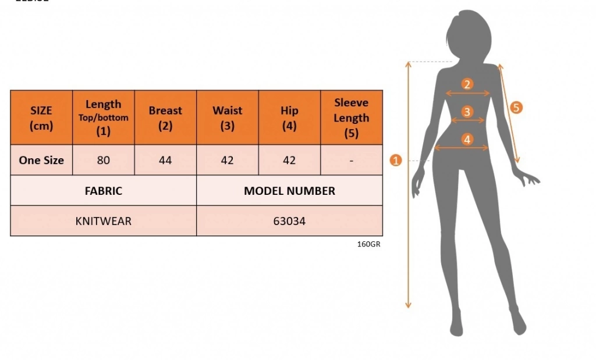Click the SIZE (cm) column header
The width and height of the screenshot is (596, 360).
click(x=41, y=117)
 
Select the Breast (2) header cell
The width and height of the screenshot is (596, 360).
click(x=165, y=117)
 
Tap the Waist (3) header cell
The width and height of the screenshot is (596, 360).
click(x=228, y=117)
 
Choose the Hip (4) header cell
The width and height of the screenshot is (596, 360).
click(x=289, y=117)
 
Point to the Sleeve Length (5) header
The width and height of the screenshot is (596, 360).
click(x=351, y=117)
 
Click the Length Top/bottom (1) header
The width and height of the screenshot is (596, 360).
click(x=104, y=117)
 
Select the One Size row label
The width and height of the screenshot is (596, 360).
click(x=41, y=161)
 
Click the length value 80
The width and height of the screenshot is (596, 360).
click(x=104, y=161)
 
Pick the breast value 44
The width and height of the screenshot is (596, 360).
click(x=165, y=161)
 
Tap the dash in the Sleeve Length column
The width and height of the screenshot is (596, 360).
click(x=351, y=161)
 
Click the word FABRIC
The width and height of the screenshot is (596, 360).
click(x=104, y=191)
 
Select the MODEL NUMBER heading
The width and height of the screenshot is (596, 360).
click(x=289, y=191)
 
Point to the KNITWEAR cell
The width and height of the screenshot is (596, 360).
click(x=104, y=221)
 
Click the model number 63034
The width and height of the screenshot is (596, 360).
click(x=289, y=221)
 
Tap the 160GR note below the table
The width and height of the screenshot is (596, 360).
click(x=368, y=244)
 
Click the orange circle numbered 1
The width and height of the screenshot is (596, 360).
click(x=396, y=161)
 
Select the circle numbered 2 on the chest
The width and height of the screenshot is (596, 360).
click(x=467, y=84)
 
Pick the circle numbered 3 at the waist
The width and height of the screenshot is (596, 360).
click(x=467, y=112)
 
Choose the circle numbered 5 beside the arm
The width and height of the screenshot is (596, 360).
click(x=516, y=108)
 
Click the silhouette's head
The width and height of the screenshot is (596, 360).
click(x=469, y=36)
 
